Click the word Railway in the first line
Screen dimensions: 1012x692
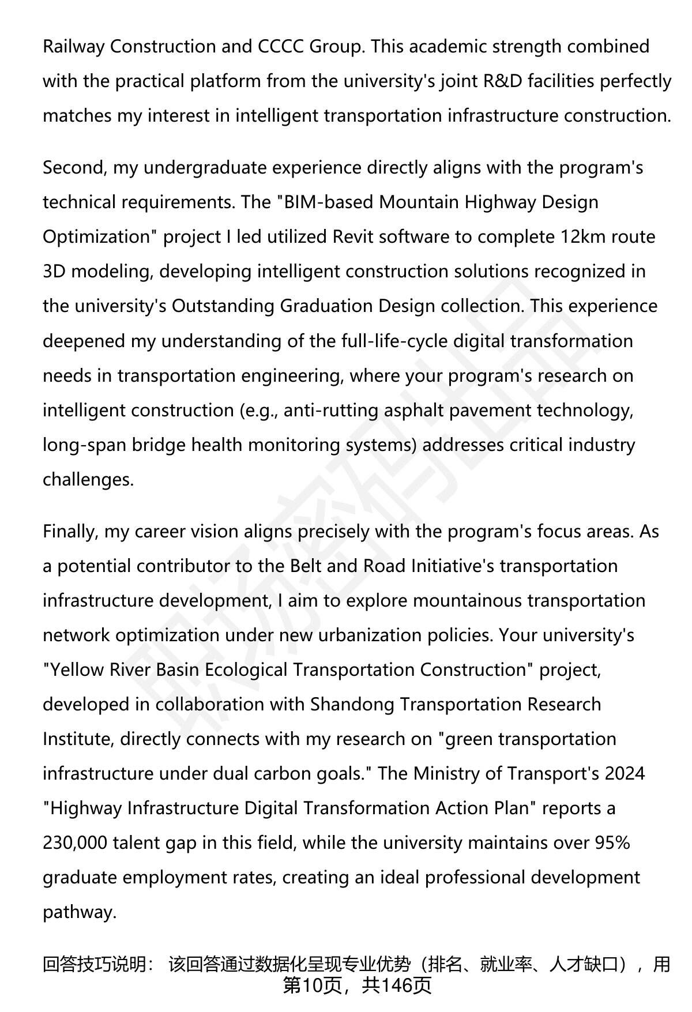[73, 47]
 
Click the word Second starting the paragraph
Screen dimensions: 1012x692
[74, 168]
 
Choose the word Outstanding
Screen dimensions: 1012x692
[223, 306]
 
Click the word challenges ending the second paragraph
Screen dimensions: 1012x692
[88, 479]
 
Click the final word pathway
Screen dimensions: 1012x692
[79, 912]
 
